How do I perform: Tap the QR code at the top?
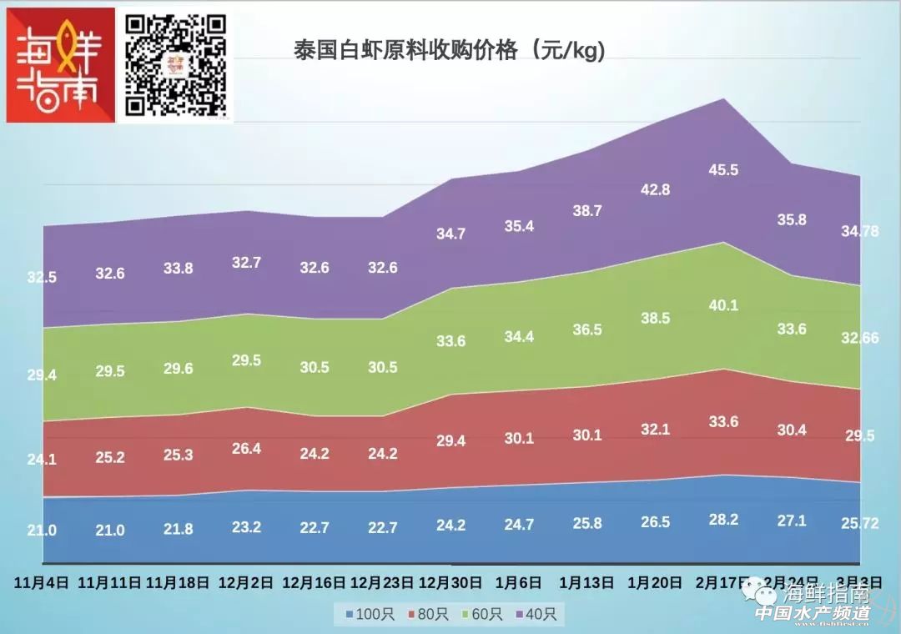(175, 65)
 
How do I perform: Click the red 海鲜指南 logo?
(60, 65)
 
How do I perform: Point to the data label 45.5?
(723, 170)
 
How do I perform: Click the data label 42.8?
(655, 189)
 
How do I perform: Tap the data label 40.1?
(723, 305)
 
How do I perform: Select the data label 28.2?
(723, 519)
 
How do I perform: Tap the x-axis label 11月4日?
(41, 582)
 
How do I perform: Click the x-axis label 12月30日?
(450, 582)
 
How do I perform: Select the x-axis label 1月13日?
(586, 582)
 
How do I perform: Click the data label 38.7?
(586, 211)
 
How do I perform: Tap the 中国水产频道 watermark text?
(812, 613)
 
